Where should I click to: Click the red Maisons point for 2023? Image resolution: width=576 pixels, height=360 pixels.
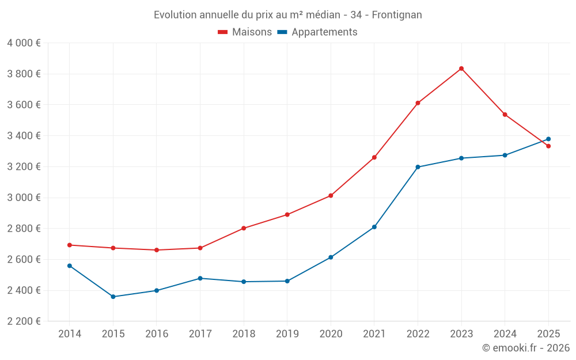tap(461, 69)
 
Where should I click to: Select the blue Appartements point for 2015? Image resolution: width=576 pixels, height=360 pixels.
tap(113, 297)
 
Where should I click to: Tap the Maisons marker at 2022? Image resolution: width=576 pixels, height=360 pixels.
tap(418, 103)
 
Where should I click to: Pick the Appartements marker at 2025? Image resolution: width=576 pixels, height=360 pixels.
tap(548, 139)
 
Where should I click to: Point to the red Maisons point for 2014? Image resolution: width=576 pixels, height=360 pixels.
tap(70, 245)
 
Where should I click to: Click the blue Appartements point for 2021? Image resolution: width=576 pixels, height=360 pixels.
tap(374, 227)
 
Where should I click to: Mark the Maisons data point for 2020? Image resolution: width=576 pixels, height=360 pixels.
tap(331, 196)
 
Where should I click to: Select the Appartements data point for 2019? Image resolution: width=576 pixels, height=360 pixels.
tap(287, 281)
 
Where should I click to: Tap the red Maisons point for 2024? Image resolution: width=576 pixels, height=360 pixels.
tap(505, 115)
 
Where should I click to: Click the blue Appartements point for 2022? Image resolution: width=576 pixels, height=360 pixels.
tap(418, 167)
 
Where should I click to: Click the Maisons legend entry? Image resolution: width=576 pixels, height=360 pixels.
tap(245, 32)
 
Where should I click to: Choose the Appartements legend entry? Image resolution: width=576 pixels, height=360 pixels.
tap(317, 32)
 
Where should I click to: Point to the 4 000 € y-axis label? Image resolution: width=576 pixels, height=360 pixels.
tap(24, 43)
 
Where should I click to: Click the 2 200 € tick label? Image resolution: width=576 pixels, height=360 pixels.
tap(24, 321)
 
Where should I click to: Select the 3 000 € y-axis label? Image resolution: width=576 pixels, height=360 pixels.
tap(24, 198)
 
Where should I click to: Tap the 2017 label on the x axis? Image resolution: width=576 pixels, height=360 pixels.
tap(200, 334)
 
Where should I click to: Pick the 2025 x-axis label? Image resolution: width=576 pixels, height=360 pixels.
tap(548, 334)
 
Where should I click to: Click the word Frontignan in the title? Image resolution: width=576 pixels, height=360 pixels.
tap(397, 14)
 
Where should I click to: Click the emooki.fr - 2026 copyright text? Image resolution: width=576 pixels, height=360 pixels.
tap(526, 348)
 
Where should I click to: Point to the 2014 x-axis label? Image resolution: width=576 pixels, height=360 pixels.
tap(70, 334)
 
